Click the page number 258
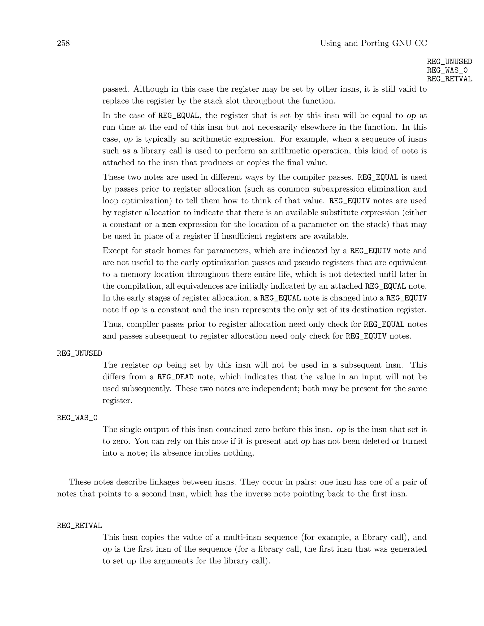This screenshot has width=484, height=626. click(63, 43)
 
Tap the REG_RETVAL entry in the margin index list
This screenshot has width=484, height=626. click(449, 79)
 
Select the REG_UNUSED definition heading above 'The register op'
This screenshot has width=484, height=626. click(79, 353)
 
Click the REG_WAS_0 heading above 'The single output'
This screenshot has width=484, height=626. click(77, 418)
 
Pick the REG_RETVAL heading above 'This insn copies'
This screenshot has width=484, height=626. click(79, 526)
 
